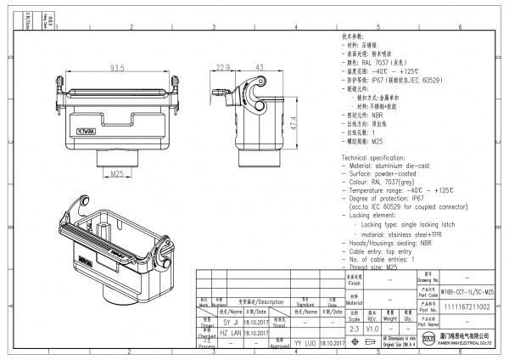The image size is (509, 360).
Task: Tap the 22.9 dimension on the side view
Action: pos(222,68)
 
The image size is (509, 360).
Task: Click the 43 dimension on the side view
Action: pos(259,68)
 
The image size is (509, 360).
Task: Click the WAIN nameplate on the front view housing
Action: pos(87,132)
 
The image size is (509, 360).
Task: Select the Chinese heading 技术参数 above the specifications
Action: pos(352,38)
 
